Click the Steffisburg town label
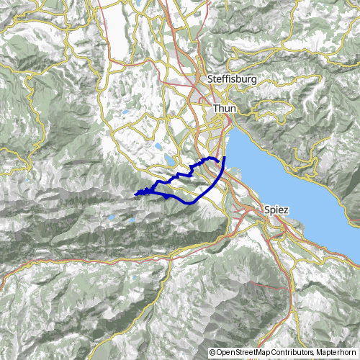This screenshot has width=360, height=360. click(230, 78)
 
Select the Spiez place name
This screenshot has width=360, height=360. click(276, 210)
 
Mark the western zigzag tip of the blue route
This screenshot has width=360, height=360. click(135, 193)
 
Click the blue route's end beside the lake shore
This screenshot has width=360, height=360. click(225, 157)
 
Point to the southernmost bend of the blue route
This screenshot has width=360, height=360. click(191, 204)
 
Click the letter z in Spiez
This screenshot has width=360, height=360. click(286, 210)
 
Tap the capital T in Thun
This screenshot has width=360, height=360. click(215, 107)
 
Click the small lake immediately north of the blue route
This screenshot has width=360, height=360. click(168, 160)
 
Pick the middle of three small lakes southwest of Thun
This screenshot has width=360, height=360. click(158, 146)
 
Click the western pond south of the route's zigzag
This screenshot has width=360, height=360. click(112, 216)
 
